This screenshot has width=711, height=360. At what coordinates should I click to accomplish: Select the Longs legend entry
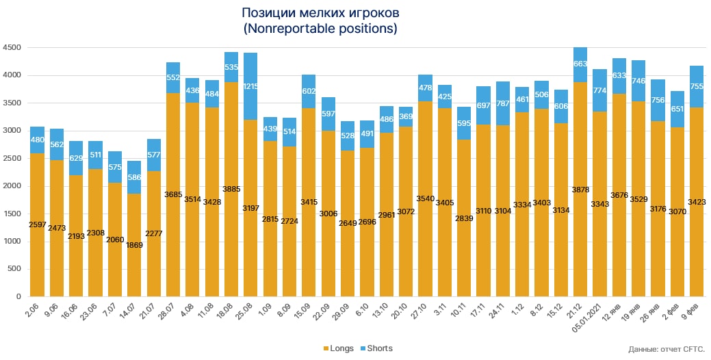(x=337, y=348)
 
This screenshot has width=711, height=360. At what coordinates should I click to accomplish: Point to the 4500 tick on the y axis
(x=12, y=48)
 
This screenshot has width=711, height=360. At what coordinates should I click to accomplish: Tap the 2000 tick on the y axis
(x=12, y=186)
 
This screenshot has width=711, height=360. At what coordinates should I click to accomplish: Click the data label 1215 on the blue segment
(x=250, y=87)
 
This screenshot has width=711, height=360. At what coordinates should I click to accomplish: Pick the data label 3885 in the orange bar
(x=231, y=189)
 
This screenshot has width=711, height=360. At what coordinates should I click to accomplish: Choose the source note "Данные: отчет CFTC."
(x=667, y=350)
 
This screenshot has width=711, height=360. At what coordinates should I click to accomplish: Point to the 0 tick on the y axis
(x=19, y=297)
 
